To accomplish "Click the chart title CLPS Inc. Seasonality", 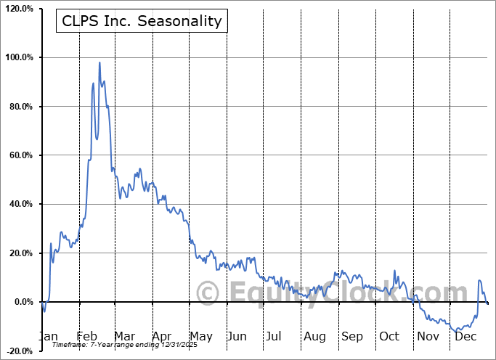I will click(x=141, y=21).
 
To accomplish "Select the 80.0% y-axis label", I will click(x=20, y=107).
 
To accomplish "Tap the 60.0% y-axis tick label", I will click(x=20, y=155).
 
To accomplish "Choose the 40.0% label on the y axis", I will click(x=20, y=204).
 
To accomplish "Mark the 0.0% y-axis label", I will click(x=22, y=302).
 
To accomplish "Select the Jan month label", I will click(x=48, y=336).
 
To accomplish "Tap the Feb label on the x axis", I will click(x=86, y=336).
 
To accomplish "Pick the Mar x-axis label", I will click(x=124, y=336).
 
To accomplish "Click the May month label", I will click(x=201, y=336).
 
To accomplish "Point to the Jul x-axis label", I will click(x=273, y=336).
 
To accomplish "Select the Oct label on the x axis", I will click(x=389, y=336).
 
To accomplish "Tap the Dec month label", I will click(x=465, y=336).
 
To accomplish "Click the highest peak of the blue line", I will click(x=99, y=62).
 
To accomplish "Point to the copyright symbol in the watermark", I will click(x=208, y=293).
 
